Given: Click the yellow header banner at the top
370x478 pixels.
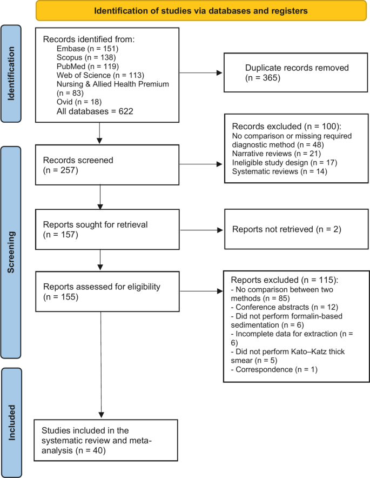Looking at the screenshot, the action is point(201,11).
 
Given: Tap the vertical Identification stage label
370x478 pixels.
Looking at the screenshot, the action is point(11,74).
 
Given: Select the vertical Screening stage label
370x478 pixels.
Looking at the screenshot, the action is point(11,252).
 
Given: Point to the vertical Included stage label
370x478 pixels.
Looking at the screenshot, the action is point(11,422).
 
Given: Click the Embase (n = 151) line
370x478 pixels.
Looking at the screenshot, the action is point(88,49).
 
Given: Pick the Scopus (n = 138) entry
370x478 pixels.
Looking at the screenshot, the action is point(86,58).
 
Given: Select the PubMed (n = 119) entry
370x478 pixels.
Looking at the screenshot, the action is point(88,67).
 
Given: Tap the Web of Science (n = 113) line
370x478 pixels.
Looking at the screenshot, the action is point(100,75).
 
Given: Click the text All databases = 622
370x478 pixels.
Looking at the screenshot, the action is point(95,111).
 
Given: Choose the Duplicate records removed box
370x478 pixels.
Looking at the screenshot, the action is point(295,72).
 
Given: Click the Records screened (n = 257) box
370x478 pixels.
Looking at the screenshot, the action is point(107,165).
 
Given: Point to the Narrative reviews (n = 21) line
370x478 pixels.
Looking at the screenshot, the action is point(277,154).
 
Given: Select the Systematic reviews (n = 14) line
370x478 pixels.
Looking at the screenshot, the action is point(280,171).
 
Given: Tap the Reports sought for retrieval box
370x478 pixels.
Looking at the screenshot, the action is point(107,229).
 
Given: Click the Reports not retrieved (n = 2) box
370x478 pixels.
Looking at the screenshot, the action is point(297,229).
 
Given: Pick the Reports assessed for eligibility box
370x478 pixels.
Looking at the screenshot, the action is point(107,291).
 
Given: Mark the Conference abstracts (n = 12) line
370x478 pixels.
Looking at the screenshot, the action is point(285,307).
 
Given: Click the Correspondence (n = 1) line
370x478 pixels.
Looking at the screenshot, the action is point(274,370).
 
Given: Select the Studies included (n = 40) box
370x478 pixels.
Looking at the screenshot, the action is point(106,440).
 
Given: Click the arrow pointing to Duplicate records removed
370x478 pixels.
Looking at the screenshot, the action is point(201,73).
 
